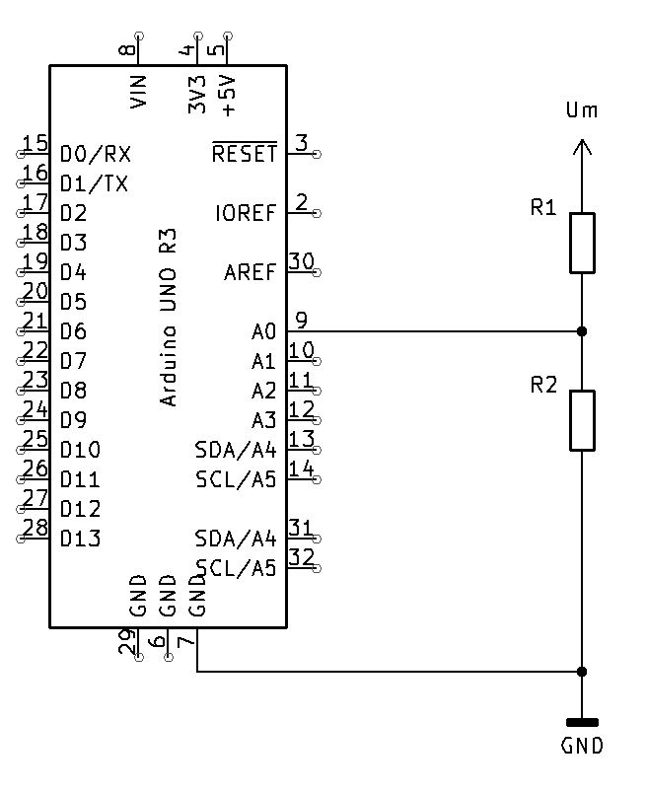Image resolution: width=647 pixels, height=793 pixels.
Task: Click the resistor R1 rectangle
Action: coord(582,243)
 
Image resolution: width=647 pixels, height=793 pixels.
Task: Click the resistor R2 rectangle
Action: coord(582,420)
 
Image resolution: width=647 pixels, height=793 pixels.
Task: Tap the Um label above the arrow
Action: coord(582,110)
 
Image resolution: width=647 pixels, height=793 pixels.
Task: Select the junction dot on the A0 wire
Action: coord(582,331)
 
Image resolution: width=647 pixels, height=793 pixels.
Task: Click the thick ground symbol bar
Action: coord(582,722)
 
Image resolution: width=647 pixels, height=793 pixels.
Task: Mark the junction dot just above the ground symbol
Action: coord(582,672)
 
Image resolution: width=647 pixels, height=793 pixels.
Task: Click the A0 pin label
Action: coord(264,332)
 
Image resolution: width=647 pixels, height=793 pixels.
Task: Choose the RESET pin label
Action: coord(245,154)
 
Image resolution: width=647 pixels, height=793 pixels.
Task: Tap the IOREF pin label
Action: coord(245,213)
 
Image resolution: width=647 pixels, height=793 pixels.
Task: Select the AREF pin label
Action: coord(250,272)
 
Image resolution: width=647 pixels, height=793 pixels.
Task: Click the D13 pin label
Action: coord(80,540)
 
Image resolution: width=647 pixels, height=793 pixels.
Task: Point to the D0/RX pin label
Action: coord(95,155)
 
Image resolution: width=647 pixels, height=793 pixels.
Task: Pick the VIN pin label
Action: coord(138,91)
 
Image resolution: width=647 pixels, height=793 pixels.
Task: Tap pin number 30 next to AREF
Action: coord(301,261)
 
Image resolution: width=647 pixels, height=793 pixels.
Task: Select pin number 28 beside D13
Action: coord(36,528)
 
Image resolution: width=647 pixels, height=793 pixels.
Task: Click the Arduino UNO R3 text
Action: coord(169,317)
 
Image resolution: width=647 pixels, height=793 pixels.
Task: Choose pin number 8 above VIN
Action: coord(126,50)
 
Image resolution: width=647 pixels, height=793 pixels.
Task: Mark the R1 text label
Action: coord(543,208)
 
